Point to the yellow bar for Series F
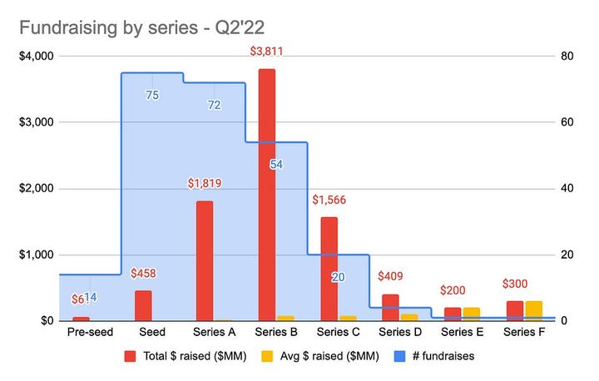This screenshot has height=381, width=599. click(533, 311)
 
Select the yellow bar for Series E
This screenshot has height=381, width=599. click(472, 314)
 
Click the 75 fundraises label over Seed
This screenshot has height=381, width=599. click(152, 96)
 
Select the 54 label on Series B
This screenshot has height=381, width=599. click(276, 165)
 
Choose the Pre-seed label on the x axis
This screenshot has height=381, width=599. click(90, 332)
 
